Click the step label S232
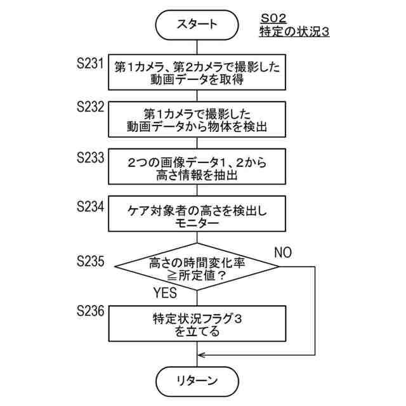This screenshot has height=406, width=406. click(89, 107)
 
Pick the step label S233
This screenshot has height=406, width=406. click(89, 156)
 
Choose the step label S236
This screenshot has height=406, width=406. click(89, 310)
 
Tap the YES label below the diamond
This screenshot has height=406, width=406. click(166, 294)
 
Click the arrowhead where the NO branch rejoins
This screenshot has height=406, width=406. click(202, 355)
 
